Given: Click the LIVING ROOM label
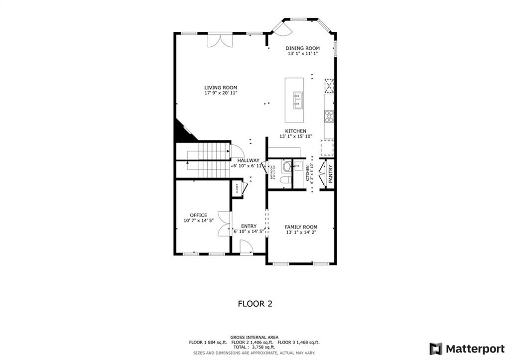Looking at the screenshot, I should pyautogui.click(x=221, y=88).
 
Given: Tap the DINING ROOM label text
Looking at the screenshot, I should pyautogui.click(x=302, y=48).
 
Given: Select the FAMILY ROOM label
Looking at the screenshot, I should pyautogui.click(x=301, y=227).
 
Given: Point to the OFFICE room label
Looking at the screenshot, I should pyautogui.click(x=198, y=215).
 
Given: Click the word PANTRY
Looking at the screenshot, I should pyautogui.click(x=331, y=174).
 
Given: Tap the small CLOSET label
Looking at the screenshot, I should pyautogui.click(x=238, y=188).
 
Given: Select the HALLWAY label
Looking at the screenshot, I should pyautogui.click(x=248, y=160).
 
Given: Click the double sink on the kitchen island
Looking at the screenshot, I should pyautogui.click(x=298, y=100).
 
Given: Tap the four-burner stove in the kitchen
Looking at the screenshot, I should pyautogui.click(x=329, y=116).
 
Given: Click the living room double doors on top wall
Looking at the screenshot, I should pyautogui.click(x=220, y=40).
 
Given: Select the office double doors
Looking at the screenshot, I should pyautogui.click(x=225, y=224).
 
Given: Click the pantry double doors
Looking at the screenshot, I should pyautogui.click(x=322, y=174).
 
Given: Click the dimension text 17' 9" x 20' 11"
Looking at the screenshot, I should pyautogui.click(x=221, y=93).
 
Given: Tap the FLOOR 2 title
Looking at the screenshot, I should pyautogui.click(x=255, y=303).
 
